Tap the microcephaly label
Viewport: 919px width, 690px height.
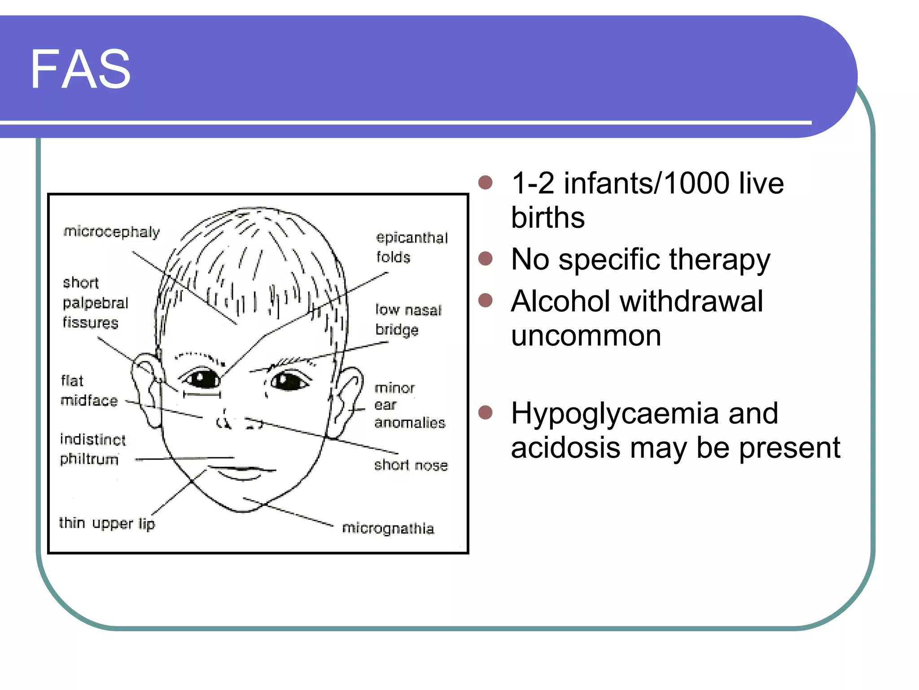click(111, 232)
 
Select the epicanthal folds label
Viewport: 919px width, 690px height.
click(411, 247)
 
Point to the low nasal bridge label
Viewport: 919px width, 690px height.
click(408, 319)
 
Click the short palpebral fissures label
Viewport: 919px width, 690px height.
click(95, 303)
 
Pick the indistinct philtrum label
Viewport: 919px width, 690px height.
click(92, 449)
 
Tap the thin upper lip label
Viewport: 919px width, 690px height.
click(107, 523)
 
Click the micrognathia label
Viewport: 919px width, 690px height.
click(388, 528)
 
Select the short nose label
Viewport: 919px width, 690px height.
click(411, 465)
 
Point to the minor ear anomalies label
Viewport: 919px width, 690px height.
click(409, 405)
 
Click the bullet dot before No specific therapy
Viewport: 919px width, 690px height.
click(486, 259)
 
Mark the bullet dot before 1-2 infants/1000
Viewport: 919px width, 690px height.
click(486, 182)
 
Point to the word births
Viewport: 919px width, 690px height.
click(548, 218)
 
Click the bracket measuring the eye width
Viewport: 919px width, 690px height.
click(202, 394)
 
